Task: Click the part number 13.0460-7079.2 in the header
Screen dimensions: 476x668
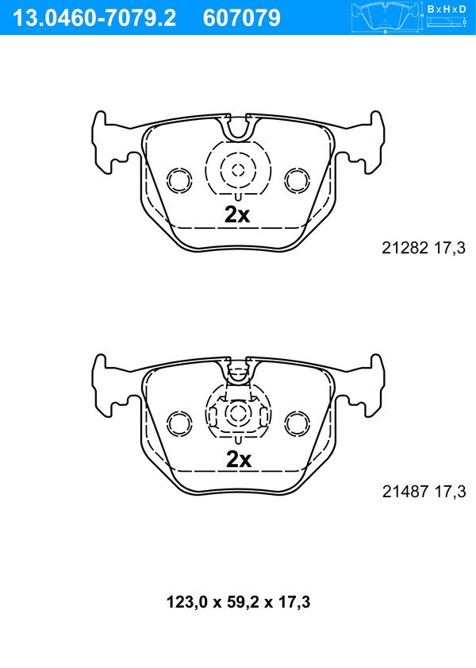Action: tap(94, 18)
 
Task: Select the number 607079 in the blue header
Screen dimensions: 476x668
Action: tap(242, 18)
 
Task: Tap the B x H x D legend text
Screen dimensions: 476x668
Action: tap(447, 9)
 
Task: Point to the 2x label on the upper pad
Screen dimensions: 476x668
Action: tap(237, 214)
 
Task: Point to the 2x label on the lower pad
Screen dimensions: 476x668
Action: tap(239, 459)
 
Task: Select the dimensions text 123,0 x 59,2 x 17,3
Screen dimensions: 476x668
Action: tap(238, 602)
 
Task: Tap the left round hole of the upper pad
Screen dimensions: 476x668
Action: tap(179, 180)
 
